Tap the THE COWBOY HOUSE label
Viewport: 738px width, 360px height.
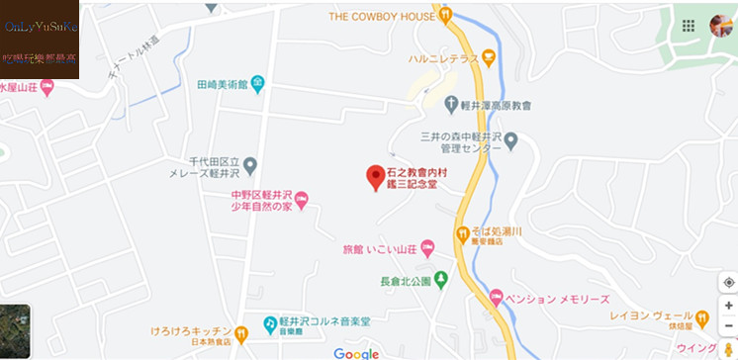coord(382,16)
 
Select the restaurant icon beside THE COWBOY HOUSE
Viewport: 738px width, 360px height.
coord(446,15)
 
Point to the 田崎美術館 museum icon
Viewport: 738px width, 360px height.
coord(257,83)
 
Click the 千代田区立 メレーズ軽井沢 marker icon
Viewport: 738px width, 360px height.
coord(250,165)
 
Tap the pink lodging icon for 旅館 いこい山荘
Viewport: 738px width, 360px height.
coord(427,247)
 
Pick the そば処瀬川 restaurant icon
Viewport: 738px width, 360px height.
coord(461,234)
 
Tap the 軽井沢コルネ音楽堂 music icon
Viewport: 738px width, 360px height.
coord(269,324)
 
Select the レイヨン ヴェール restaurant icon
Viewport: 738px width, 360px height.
coord(702,318)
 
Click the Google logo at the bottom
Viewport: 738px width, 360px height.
coord(356,353)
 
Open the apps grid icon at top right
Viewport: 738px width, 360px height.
coord(689,25)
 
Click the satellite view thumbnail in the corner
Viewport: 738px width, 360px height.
coord(15,331)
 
